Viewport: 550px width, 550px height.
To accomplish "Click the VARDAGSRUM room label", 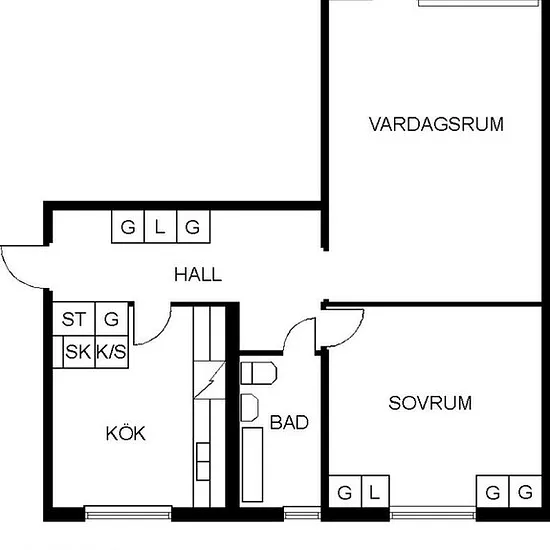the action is (x=436, y=124).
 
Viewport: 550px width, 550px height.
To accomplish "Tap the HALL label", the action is (x=198, y=274).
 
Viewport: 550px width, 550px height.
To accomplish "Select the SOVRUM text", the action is (x=430, y=403).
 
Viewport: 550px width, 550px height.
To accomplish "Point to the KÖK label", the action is (x=126, y=433).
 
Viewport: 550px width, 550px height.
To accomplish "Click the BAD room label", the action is (x=289, y=422).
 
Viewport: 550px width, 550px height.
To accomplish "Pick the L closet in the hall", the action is (x=160, y=227).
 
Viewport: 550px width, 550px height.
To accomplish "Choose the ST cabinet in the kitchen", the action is (x=74, y=319).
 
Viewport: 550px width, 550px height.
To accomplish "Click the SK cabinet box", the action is (x=79, y=352).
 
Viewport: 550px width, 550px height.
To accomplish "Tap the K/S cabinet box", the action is (x=112, y=352).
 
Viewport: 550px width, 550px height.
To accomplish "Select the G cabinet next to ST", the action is (x=112, y=319).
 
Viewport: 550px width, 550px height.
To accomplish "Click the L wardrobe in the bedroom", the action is (x=375, y=491).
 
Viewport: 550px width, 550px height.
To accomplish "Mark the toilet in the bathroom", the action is (x=259, y=373).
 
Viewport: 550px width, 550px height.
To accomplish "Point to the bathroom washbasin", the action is (x=249, y=407).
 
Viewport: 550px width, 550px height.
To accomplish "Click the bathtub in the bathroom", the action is (x=253, y=464).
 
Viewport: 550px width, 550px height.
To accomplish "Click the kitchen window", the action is (x=128, y=512).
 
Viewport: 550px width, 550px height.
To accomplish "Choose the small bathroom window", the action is (x=302, y=514).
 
